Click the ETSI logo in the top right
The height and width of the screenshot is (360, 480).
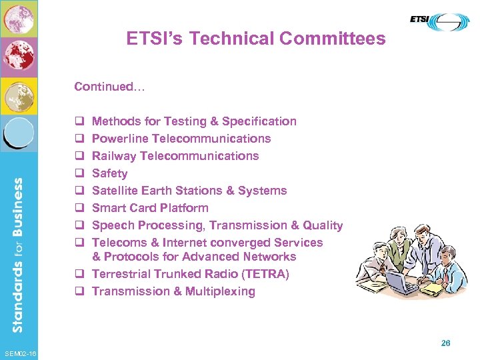point(439,21)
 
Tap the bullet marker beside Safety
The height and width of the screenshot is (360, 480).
point(78,173)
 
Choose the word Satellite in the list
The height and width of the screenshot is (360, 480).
point(113,191)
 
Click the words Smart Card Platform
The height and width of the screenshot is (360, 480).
point(150,208)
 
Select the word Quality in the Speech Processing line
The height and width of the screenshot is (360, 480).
point(323,225)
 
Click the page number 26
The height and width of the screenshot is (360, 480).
point(445,343)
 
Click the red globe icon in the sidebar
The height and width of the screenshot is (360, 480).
point(19,57)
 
